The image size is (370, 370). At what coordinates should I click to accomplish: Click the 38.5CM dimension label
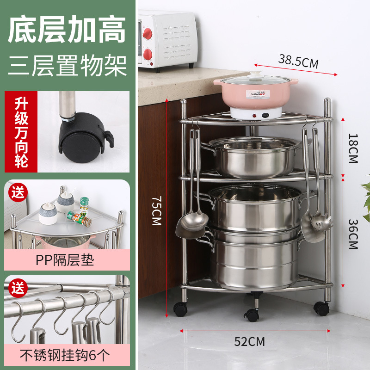(298, 61)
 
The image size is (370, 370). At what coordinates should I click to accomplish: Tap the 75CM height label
(156, 210)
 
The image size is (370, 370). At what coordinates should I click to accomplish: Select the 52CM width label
(250, 342)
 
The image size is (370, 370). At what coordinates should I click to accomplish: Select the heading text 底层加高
(68, 30)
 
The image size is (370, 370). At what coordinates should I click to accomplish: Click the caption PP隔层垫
(65, 260)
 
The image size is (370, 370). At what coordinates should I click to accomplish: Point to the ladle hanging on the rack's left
(193, 222)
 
